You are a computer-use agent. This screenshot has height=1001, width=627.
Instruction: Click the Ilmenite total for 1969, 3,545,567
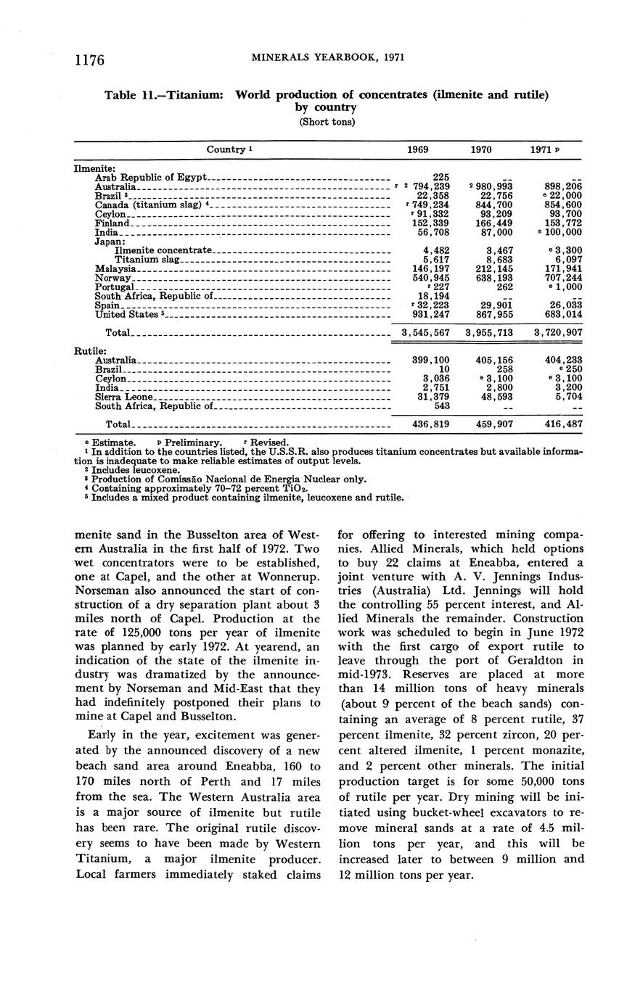pyautogui.click(x=426, y=332)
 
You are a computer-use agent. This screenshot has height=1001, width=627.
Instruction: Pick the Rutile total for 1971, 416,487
pyautogui.click(x=560, y=424)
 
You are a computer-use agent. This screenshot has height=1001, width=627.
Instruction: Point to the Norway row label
pyautogui.click(x=113, y=278)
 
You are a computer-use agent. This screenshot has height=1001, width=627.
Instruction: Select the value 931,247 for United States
pyautogui.click(x=430, y=314)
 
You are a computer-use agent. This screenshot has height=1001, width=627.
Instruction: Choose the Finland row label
pyautogui.click(x=112, y=223)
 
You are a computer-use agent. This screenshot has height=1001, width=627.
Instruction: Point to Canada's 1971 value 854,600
pyautogui.click(x=560, y=205)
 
